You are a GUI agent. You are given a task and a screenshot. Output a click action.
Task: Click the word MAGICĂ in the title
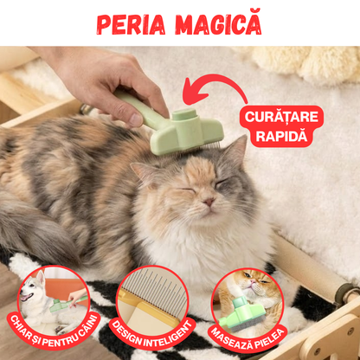point(215,23)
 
